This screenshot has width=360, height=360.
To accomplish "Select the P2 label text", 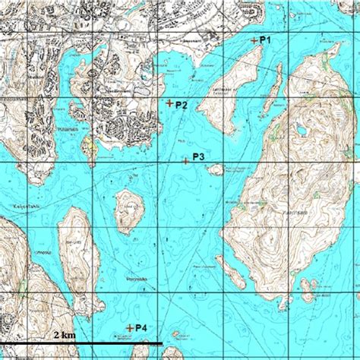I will [182, 105].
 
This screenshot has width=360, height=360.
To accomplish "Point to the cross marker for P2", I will [169, 103].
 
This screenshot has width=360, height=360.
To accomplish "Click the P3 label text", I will [198, 156].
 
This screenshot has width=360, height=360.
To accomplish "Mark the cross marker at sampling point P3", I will [185, 160].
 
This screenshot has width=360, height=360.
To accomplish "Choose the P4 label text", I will [141, 327].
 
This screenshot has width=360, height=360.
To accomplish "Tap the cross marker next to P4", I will [129, 328].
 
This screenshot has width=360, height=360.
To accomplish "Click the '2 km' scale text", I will [65, 334].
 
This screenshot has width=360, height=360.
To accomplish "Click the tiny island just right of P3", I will [216, 169].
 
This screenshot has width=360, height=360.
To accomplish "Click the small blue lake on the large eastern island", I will [303, 131].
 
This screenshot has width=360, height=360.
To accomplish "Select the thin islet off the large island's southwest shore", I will [231, 270].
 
